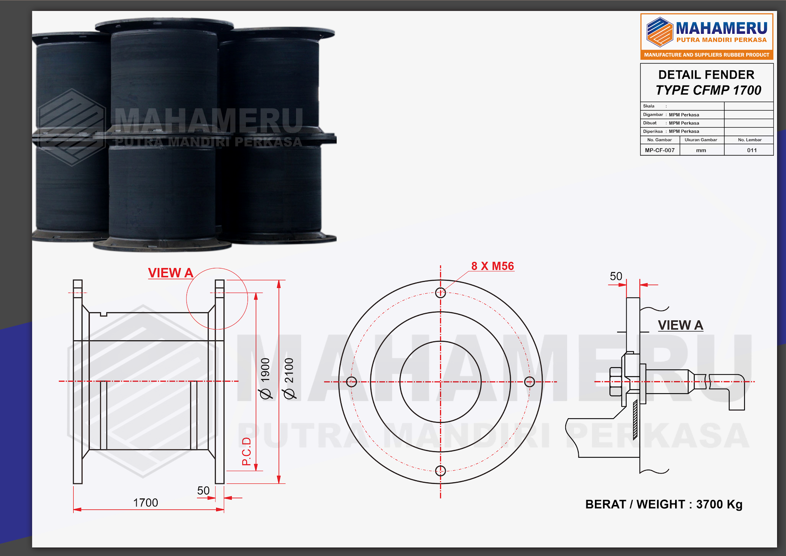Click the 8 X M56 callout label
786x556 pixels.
point(492,266)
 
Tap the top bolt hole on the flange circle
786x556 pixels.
point(441,293)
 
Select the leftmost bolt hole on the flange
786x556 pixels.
point(352,382)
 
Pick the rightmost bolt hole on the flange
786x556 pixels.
point(529,382)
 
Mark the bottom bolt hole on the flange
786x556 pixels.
point(441,470)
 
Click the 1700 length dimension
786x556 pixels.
point(145,503)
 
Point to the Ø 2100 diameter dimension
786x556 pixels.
point(289,378)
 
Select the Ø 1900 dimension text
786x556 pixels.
point(265,378)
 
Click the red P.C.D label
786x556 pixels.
point(246,451)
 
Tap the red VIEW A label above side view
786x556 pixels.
point(170,273)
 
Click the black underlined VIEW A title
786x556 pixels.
point(680,325)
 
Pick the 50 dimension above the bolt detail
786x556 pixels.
point(616,276)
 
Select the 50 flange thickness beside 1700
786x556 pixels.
point(203,491)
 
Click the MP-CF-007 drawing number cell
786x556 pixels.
point(660,150)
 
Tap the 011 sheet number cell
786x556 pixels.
point(752,150)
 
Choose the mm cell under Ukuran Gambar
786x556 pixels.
point(701,150)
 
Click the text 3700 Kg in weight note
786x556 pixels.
point(719,504)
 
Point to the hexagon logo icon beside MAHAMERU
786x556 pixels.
point(660,32)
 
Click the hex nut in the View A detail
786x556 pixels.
point(616,382)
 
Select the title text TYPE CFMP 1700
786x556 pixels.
point(708,90)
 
